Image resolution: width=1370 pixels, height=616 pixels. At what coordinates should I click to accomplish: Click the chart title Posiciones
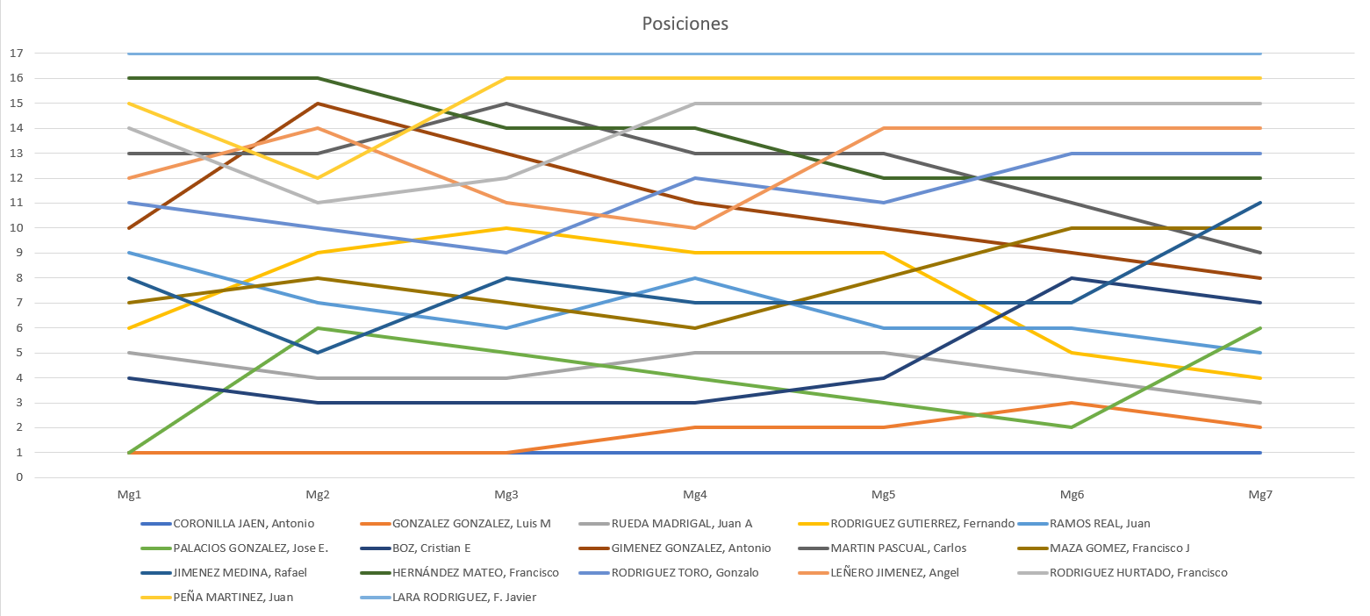685,24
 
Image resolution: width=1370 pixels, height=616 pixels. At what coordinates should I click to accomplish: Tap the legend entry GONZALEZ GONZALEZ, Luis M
471,524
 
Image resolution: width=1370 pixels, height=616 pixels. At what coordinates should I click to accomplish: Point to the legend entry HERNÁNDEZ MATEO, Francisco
476,573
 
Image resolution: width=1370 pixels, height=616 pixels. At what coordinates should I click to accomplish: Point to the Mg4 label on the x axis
695,495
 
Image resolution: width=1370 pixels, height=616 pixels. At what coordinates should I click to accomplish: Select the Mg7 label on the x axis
1260,495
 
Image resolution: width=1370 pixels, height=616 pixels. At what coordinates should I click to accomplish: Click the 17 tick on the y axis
15,54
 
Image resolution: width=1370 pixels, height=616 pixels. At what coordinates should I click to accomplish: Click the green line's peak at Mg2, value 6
318,328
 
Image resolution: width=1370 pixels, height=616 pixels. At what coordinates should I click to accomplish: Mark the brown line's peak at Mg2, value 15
318,104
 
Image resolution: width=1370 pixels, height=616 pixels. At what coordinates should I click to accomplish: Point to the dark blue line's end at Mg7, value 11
1260,203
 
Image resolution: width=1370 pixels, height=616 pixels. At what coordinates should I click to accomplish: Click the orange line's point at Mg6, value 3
1072,403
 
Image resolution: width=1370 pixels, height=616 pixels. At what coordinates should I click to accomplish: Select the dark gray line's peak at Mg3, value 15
506,104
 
